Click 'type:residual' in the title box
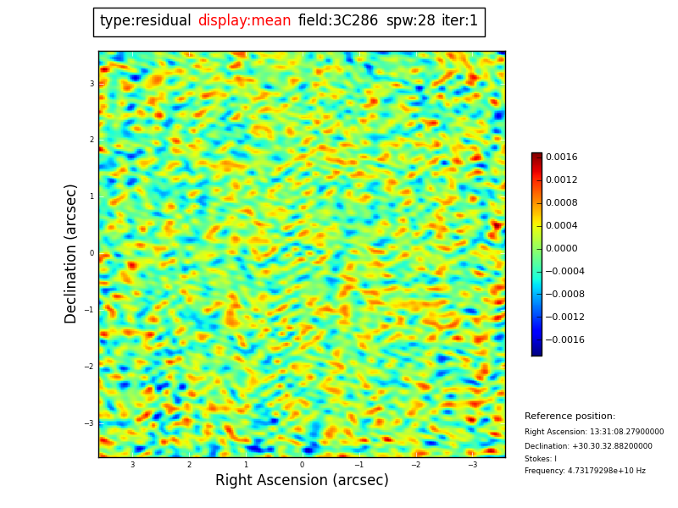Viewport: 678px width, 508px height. point(145,21)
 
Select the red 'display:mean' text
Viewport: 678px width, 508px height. point(244,21)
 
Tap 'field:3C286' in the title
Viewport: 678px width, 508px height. point(338,21)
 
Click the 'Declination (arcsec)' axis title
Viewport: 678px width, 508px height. point(71,253)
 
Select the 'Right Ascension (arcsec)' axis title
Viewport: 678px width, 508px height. point(302,480)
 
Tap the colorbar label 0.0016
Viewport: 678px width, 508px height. point(561,157)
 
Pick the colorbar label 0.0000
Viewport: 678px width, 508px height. point(561,248)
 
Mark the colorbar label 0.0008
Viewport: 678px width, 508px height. point(561,202)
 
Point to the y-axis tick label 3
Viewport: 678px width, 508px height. point(92,84)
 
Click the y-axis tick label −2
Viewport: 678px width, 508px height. point(90,367)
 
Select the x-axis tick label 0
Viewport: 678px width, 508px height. point(302,465)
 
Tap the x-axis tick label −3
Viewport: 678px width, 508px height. point(472,465)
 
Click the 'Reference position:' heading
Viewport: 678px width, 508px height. point(570,417)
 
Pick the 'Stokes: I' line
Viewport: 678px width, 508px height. point(541,459)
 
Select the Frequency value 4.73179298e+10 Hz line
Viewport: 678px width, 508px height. point(585,471)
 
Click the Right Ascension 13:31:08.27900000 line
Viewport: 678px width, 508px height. point(594,432)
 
